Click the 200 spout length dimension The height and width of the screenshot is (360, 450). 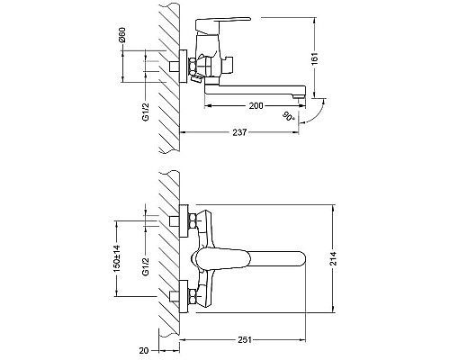256,106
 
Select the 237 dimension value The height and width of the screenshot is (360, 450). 239,132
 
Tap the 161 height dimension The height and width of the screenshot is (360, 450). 314,58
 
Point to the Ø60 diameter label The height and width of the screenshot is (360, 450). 121,34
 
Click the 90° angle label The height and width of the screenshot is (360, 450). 289,116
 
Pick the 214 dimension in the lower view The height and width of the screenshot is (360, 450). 333,258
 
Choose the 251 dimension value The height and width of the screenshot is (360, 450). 245,340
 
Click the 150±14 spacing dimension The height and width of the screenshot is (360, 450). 117,258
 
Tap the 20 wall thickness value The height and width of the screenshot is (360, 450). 144,350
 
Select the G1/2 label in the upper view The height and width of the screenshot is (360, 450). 146,112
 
